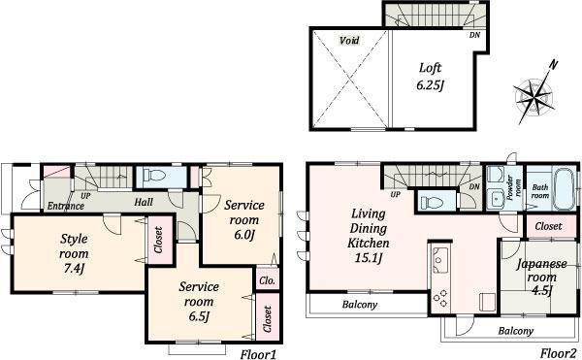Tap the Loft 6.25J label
click(x=430, y=77)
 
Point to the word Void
click(x=349, y=41)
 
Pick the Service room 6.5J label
click(x=199, y=301)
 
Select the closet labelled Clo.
click(x=266, y=282)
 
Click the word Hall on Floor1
click(x=144, y=202)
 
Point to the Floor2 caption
click(x=560, y=352)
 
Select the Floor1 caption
click(x=260, y=352)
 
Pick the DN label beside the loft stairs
click(x=474, y=36)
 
